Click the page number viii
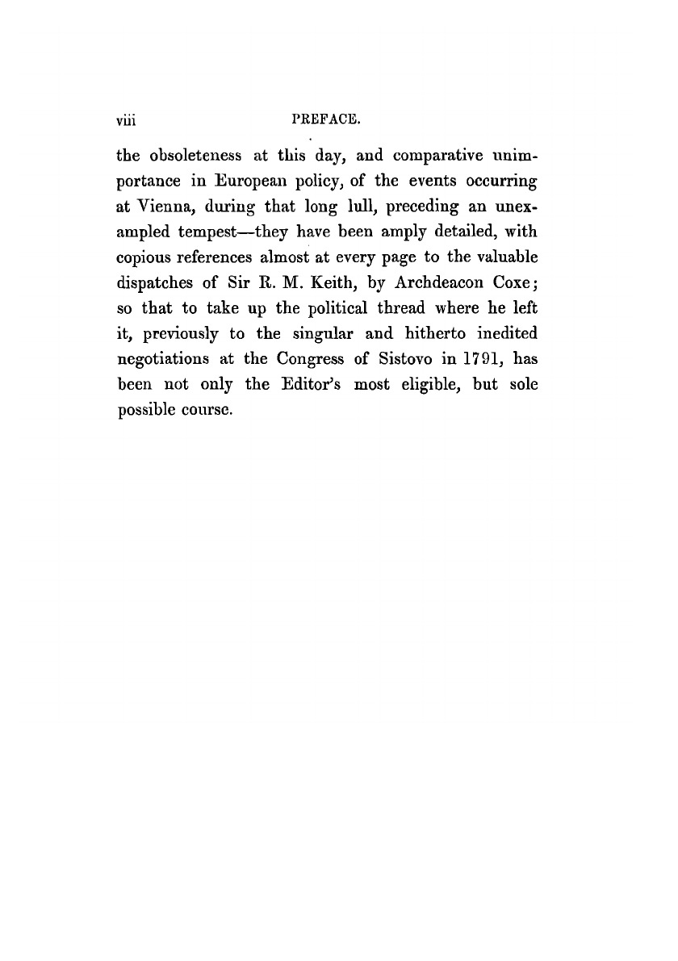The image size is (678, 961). pos(129,122)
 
